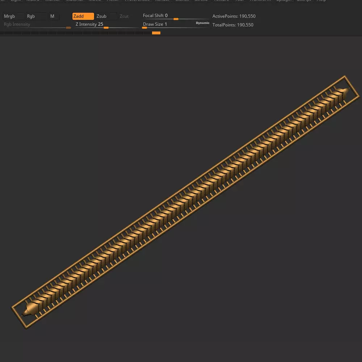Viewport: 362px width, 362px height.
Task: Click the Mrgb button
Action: [9, 16]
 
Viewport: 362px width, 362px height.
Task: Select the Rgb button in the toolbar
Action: [31, 16]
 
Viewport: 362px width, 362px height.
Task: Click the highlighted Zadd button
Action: [83, 16]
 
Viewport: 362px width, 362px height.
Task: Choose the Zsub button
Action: [102, 16]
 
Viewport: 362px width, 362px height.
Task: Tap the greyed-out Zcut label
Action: [124, 16]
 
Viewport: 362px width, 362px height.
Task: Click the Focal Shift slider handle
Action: [176, 19]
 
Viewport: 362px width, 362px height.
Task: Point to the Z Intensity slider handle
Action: [106, 28]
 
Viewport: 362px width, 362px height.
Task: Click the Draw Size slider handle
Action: [144, 28]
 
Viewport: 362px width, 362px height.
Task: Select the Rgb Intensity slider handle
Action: [68, 28]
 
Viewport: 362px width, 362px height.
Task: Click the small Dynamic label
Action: [203, 23]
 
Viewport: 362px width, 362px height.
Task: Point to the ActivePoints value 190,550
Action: [247, 16]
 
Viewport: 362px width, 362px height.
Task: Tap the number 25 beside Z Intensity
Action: [101, 24]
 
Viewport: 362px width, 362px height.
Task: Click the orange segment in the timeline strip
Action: [156, 33]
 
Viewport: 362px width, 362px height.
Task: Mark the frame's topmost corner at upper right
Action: [345, 76]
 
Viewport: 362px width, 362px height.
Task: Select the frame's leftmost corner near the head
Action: [12, 307]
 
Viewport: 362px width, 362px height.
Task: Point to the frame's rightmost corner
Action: [359, 96]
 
